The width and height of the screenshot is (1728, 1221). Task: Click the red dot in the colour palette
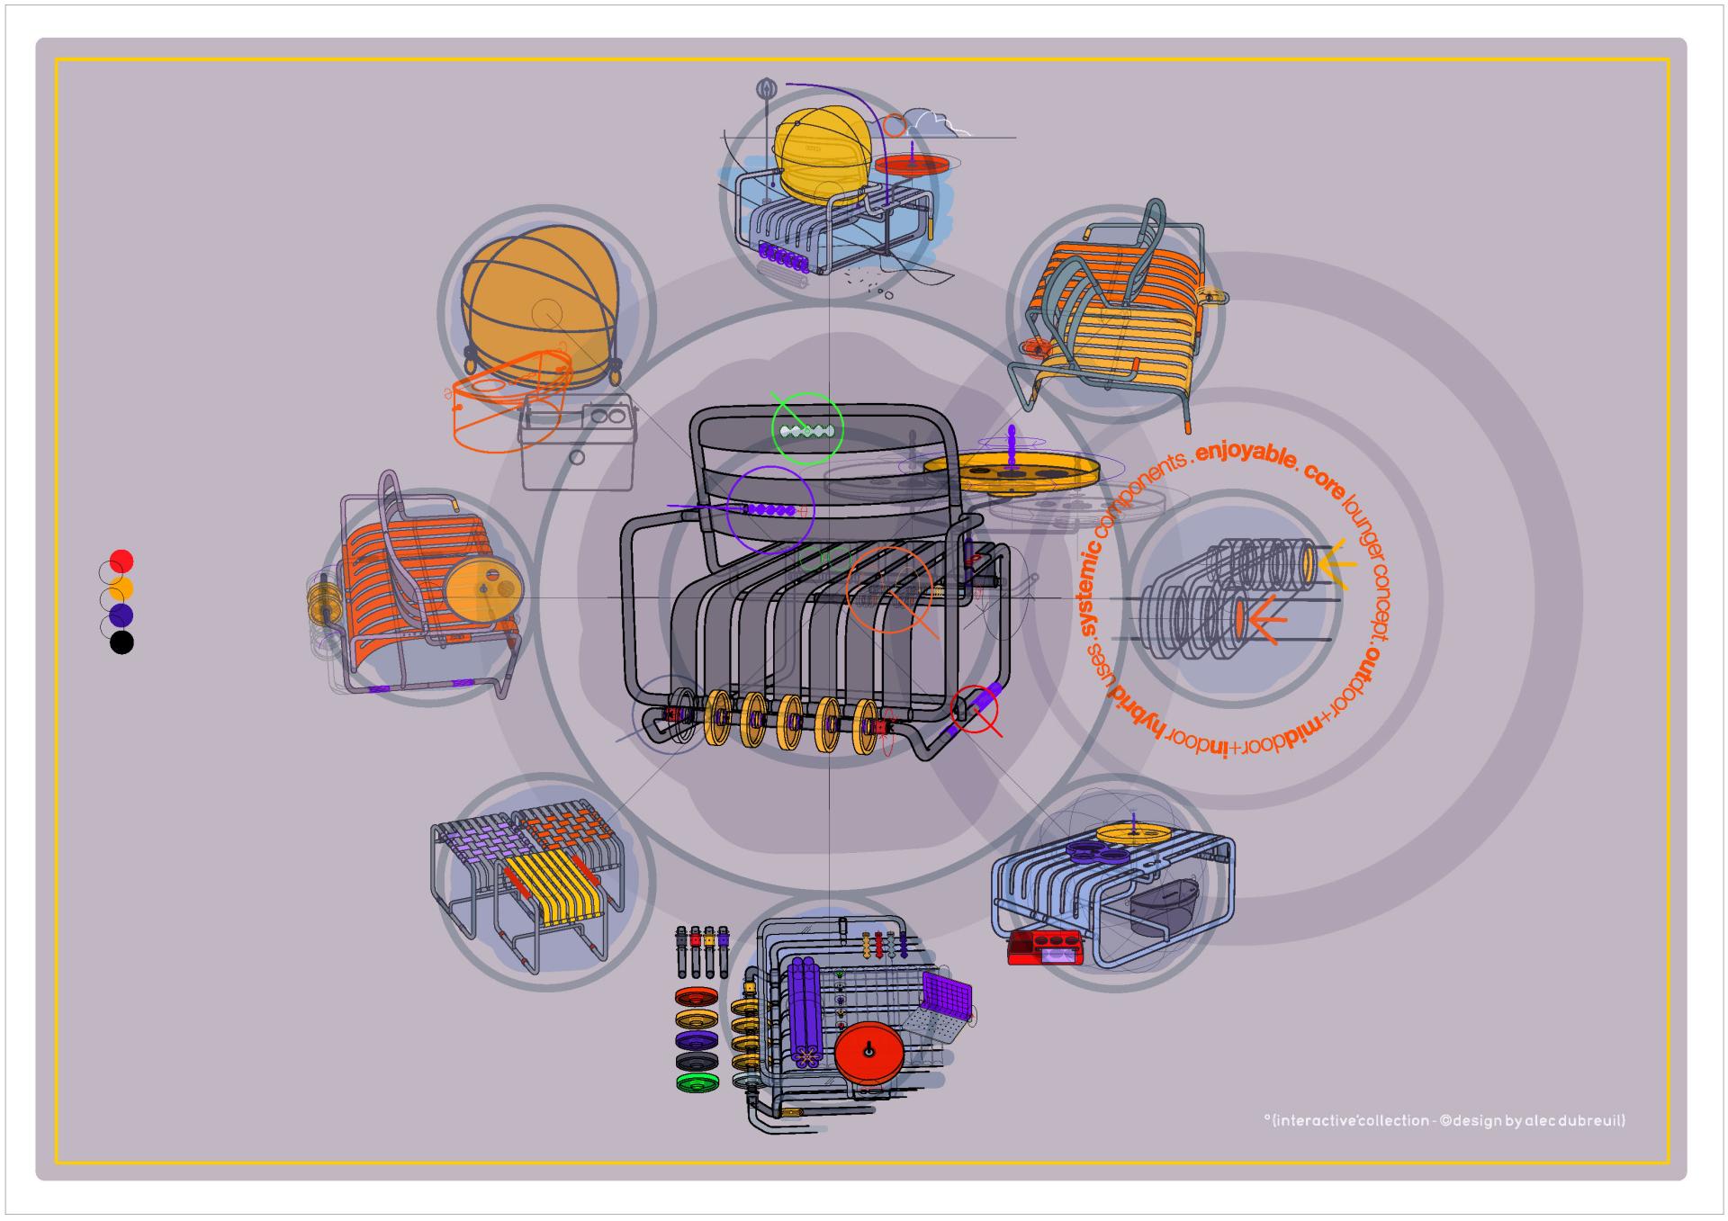tap(121, 561)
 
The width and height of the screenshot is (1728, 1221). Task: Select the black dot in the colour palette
tap(121, 642)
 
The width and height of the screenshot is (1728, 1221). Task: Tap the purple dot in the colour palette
tap(121, 615)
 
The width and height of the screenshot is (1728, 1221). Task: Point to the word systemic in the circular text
tap(1091, 585)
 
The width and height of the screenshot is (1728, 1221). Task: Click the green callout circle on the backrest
tap(807, 429)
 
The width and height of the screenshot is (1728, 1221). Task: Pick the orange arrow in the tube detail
tap(1264, 619)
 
